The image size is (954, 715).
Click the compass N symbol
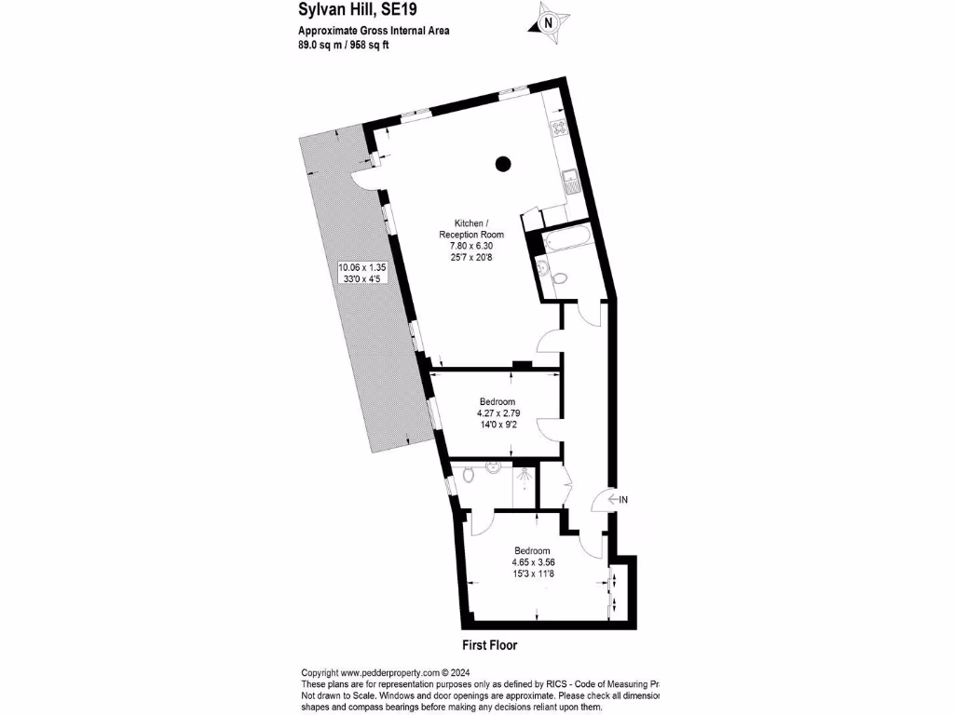tap(548, 22)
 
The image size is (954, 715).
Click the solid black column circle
tap(503, 164)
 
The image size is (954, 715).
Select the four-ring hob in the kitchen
tap(561, 129)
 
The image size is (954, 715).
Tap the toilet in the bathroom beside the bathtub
tap(558, 277)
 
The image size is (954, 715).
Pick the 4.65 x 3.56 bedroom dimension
tap(538, 562)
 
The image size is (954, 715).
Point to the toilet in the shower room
tap(470, 477)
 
